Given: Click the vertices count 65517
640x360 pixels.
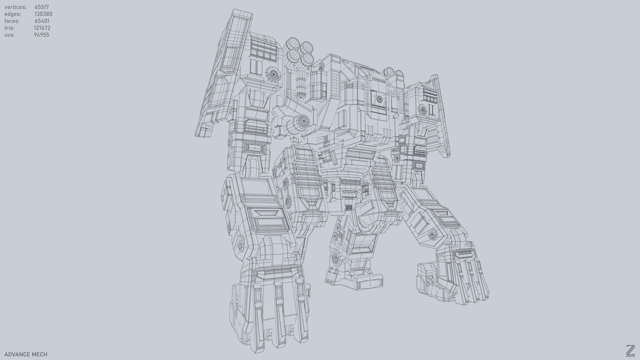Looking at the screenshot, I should point(42,7).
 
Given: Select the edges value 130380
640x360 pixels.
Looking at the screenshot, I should point(43,14).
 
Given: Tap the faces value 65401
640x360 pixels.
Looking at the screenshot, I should point(42,21).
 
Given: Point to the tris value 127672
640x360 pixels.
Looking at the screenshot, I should point(42,28).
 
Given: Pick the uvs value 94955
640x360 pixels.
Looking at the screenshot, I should point(41,35).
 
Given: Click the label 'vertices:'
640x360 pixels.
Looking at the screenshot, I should point(15,7).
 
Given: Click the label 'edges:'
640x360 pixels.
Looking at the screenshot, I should point(13,14).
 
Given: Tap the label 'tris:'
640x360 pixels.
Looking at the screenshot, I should point(9,28).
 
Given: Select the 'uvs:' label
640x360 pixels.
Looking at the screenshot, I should point(10,35).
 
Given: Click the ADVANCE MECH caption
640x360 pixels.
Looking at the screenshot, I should point(26,354).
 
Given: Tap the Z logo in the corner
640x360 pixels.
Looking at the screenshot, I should point(630,351).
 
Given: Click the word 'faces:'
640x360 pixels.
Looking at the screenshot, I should point(12,21).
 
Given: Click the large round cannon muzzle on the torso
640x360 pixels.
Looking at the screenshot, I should point(302,122).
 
